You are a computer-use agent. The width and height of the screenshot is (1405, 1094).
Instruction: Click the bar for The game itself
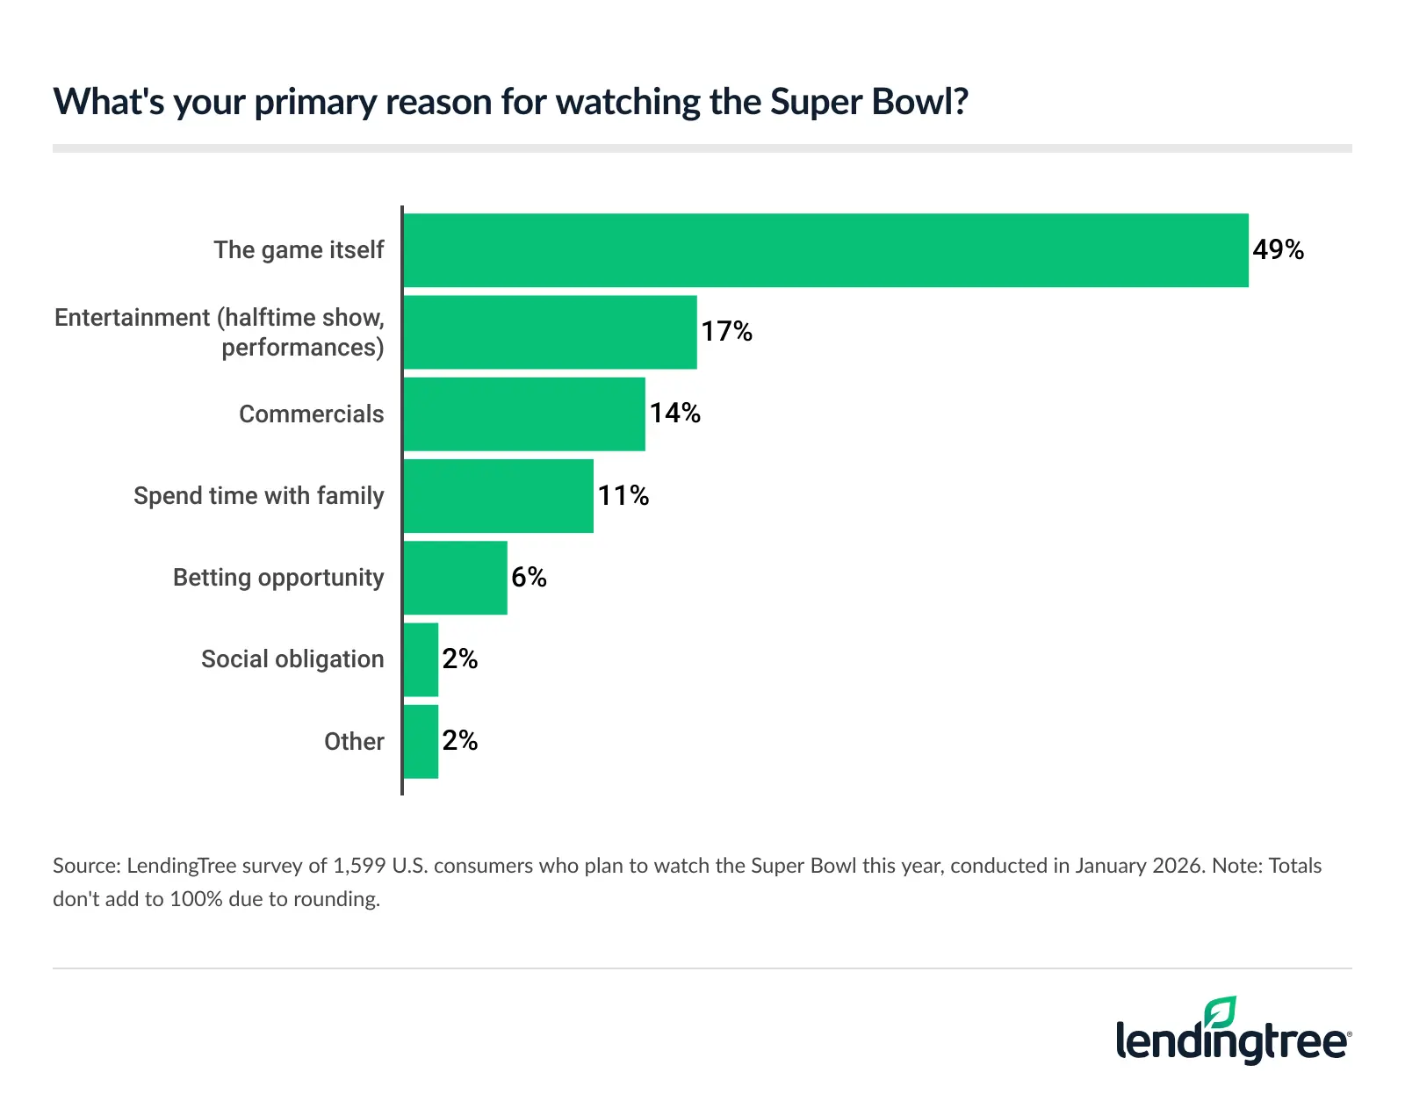pyautogui.click(x=825, y=250)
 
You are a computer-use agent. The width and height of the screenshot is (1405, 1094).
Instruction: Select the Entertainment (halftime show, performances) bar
pyautogui.click(x=550, y=332)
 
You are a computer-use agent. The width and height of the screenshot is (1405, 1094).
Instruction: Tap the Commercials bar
pyautogui.click(x=524, y=414)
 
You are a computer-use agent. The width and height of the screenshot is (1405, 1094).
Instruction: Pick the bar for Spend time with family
pyautogui.click(x=498, y=495)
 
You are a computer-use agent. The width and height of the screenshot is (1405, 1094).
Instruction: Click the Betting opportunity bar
pyautogui.click(x=455, y=577)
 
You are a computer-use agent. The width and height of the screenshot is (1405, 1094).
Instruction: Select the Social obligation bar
pyautogui.click(x=421, y=659)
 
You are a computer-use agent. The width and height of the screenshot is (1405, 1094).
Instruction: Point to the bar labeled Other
pyautogui.click(x=421, y=741)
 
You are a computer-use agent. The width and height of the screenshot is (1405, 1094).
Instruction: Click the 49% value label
pyautogui.click(x=1278, y=250)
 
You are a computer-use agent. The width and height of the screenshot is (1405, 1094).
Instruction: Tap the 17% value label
pyautogui.click(x=726, y=332)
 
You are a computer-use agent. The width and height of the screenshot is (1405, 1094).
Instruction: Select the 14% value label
pyautogui.click(x=674, y=414)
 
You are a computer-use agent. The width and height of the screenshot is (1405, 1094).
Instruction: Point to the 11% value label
pyautogui.click(x=623, y=496)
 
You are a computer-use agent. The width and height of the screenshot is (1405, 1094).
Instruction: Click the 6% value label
pyautogui.click(x=529, y=578)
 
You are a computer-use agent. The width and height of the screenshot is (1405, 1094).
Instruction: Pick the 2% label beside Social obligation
pyautogui.click(x=459, y=659)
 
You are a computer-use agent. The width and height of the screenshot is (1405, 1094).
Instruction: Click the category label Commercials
pyautogui.click(x=311, y=414)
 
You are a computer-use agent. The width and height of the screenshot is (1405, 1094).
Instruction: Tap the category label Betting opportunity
pyautogui.click(x=278, y=578)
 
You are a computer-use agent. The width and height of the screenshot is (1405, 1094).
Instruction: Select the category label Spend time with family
pyautogui.click(x=258, y=496)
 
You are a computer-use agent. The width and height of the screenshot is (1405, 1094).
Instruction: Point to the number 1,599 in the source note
pyautogui.click(x=358, y=866)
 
